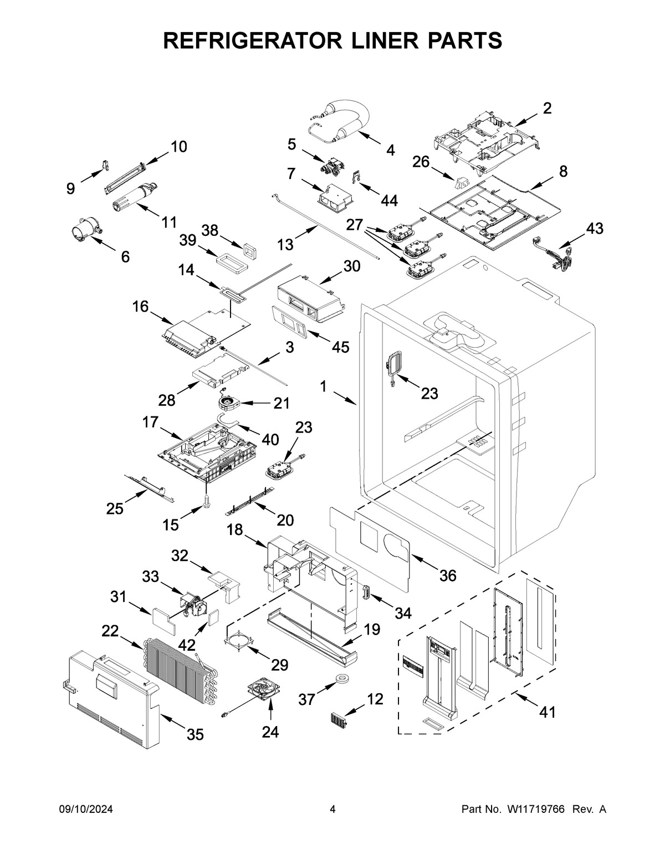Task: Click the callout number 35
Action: pos(195,734)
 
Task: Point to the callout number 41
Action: pos(547,712)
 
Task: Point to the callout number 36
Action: pos(448,575)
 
